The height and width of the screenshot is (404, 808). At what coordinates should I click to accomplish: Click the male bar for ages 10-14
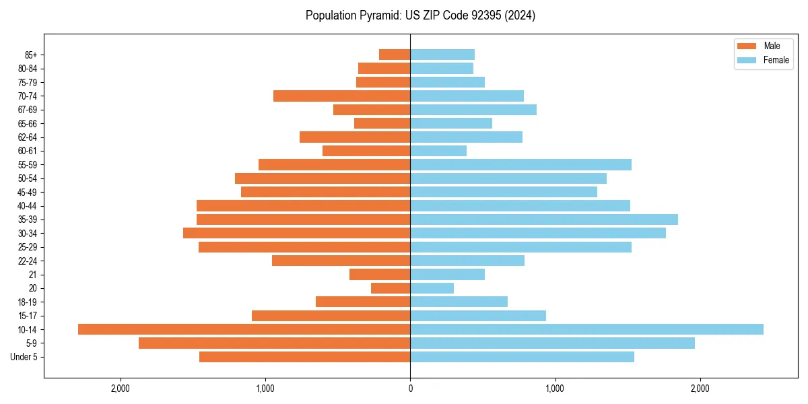point(244,329)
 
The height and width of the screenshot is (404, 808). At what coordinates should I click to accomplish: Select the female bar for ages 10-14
point(586,329)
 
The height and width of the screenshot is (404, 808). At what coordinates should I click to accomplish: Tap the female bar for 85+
point(442,55)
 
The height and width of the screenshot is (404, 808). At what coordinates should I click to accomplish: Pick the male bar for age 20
point(391,288)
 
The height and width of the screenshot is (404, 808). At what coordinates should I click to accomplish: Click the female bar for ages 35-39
point(544,220)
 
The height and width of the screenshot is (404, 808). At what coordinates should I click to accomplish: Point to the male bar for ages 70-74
point(341,96)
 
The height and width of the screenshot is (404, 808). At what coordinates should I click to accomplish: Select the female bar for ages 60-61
point(438,151)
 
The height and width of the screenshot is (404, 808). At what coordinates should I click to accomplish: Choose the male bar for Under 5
point(304,357)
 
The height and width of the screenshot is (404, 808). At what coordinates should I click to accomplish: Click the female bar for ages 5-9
point(552,343)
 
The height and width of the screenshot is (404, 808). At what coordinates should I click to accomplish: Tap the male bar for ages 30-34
point(296,233)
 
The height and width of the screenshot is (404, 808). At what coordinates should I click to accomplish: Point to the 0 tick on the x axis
point(410,389)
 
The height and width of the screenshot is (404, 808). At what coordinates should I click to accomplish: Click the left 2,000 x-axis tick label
point(121,389)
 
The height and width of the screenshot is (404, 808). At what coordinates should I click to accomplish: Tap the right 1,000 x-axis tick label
point(555,389)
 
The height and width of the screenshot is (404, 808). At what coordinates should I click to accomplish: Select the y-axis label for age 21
point(32,275)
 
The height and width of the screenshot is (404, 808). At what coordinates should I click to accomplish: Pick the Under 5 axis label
point(24,357)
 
